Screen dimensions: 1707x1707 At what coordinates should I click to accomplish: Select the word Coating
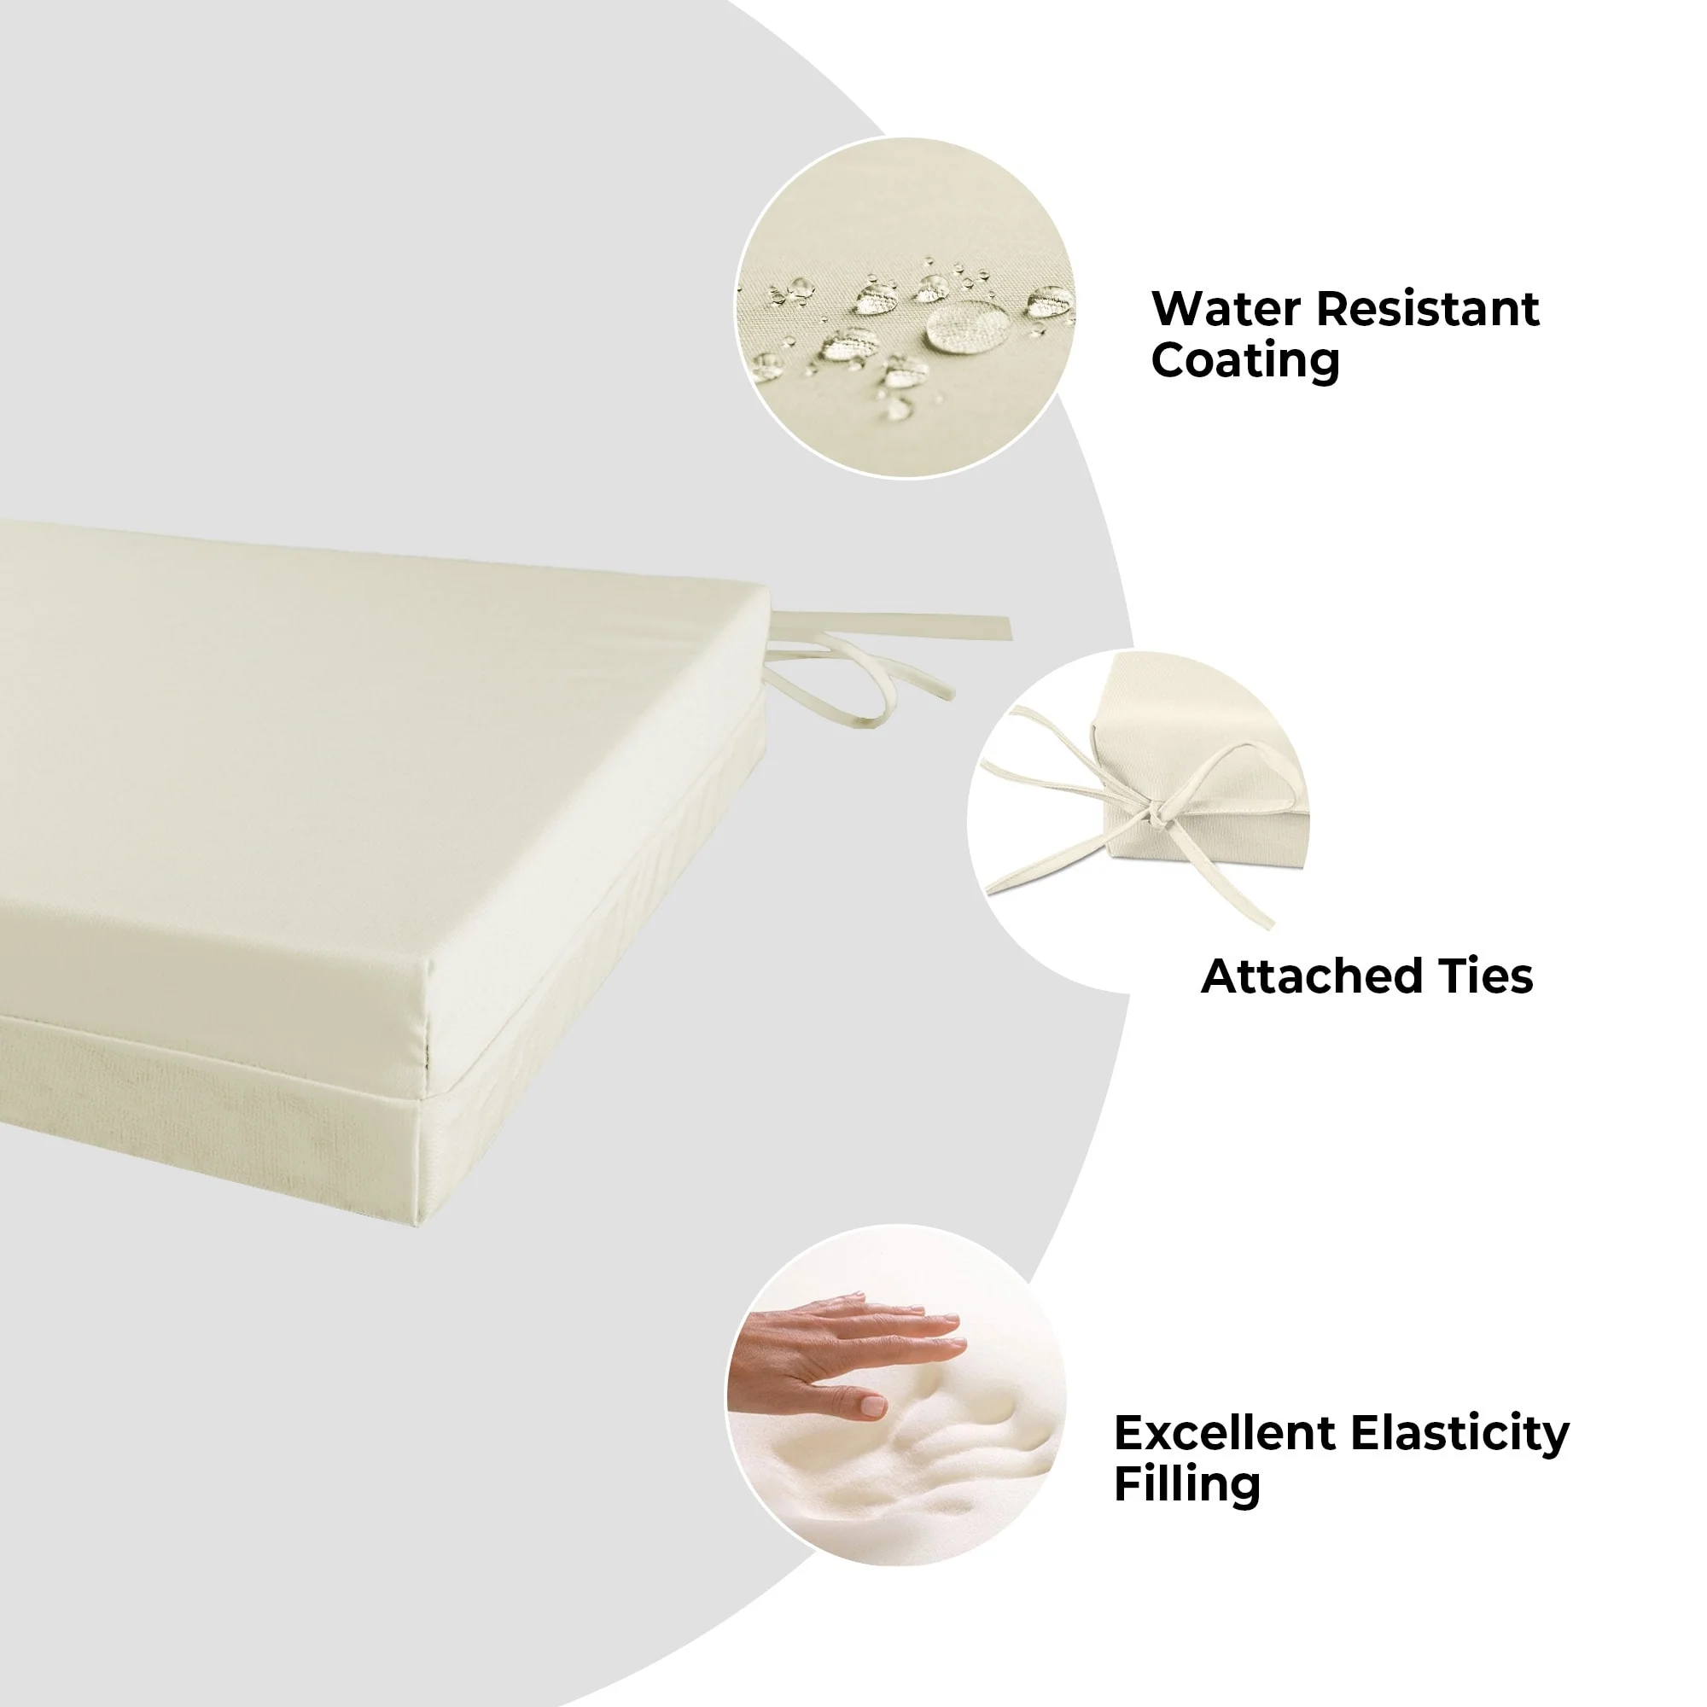pos(1246,361)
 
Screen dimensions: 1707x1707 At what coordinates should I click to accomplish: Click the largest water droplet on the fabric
pos(968,325)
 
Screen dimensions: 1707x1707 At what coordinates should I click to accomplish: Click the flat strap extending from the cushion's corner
pos(893,625)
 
